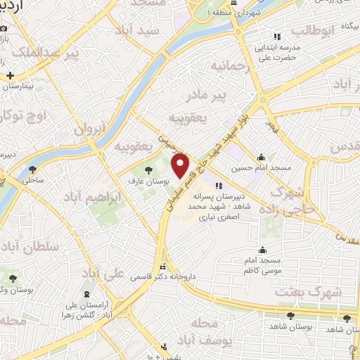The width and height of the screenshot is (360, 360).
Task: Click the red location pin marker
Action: coord(181,166)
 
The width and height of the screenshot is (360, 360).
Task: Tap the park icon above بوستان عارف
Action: coord(148,169)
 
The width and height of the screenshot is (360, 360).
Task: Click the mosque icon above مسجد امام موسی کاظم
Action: coord(263,249)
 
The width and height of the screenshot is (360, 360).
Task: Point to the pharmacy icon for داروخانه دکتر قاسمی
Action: coord(163,267)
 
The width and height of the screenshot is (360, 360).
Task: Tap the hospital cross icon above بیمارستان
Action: coord(10,75)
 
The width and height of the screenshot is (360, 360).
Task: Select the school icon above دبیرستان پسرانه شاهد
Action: coord(219,186)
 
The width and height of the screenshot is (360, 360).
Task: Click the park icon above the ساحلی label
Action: coord(33,169)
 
